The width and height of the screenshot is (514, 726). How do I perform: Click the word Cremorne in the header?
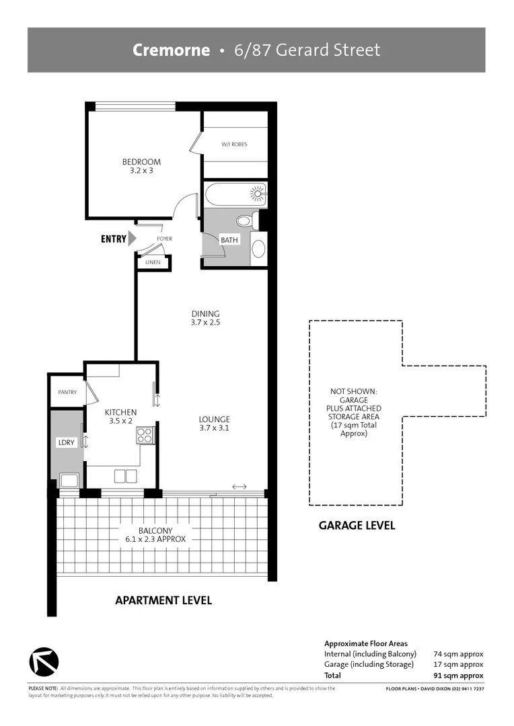(171, 50)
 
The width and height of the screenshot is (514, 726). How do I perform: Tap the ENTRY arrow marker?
(132, 238)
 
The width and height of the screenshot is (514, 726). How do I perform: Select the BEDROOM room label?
(141, 162)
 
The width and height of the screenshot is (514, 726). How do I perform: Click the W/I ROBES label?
(234, 144)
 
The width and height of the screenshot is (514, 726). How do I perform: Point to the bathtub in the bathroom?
(235, 195)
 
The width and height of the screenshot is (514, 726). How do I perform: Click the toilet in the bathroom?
(245, 220)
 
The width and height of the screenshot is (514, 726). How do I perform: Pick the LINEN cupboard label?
(153, 262)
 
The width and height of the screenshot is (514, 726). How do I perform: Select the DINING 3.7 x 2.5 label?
(205, 318)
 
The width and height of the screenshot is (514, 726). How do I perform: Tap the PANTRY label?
(67, 392)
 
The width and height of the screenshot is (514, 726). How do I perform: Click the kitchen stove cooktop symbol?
(145, 436)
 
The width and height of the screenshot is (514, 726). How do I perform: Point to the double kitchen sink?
(125, 476)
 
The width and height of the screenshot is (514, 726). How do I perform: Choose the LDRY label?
(66, 442)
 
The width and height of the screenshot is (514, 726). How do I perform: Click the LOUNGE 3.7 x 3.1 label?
(215, 423)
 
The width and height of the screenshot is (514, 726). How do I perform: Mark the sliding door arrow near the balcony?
(239, 487)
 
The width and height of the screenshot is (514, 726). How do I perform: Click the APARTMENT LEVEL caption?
(163, 600)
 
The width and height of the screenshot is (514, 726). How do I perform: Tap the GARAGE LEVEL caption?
(357, 526)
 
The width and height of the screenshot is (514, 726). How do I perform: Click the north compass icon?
(44, 661)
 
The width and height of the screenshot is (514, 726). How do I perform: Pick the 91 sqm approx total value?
(459, 675)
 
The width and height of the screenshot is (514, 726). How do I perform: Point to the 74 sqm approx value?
(459, 653)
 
